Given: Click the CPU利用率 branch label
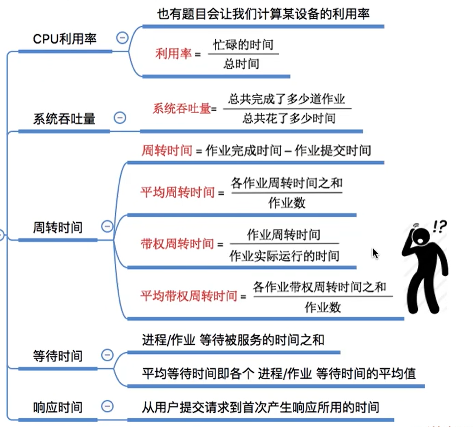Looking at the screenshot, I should click(65, 39).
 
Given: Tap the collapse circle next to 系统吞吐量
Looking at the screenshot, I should click(120, 118).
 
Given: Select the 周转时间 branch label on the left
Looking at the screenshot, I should click(58, 227).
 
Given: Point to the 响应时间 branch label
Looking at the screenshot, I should click(58, 407).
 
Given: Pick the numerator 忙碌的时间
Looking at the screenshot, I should click(243, 45).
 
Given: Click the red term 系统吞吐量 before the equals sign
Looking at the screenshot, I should click(181, 108).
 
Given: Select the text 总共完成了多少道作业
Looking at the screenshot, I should click(287, 99).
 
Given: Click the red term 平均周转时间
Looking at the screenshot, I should click(178, 193).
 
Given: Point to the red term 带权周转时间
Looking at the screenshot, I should click(178, 243).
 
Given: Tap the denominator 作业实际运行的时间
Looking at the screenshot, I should click(284, 256).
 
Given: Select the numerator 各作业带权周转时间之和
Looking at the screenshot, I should click(319, 286).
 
